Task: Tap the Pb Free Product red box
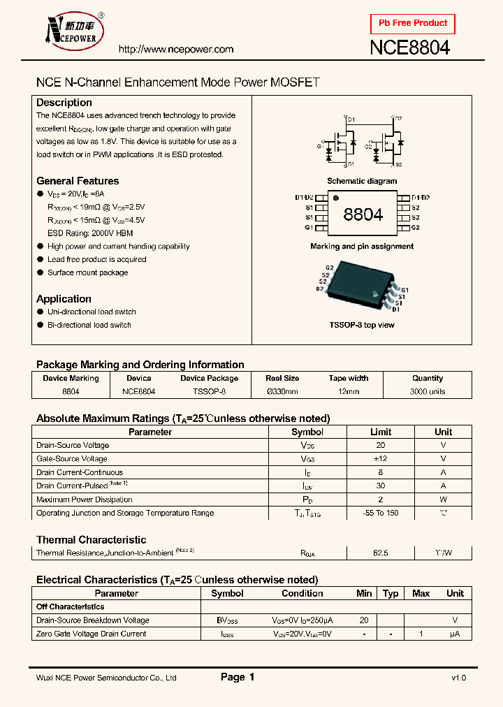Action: [x=413, y=23]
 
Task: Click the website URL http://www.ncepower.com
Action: [x=175, y=50]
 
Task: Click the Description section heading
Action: [x=64, y=103]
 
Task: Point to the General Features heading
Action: [x=78, y=181]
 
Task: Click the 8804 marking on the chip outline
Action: [x=363, y=214]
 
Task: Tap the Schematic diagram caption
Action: [x=362, y=181]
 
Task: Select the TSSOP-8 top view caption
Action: [x=362, y=325]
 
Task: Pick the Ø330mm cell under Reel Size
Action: [x=282, y=392]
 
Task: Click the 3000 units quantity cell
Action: [x=428, y=392]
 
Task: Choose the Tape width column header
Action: [x=349, y=378]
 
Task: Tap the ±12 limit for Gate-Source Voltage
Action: [x=381, y=459]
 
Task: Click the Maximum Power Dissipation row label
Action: [x=84, y=500]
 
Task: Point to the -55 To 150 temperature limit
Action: [x=381, y=513]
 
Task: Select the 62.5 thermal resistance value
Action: [x=381, y=553]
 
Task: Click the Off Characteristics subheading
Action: [x=70, y=606]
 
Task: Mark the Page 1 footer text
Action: [x=238, y=677]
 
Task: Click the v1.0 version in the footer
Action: [x=458, y=678]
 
